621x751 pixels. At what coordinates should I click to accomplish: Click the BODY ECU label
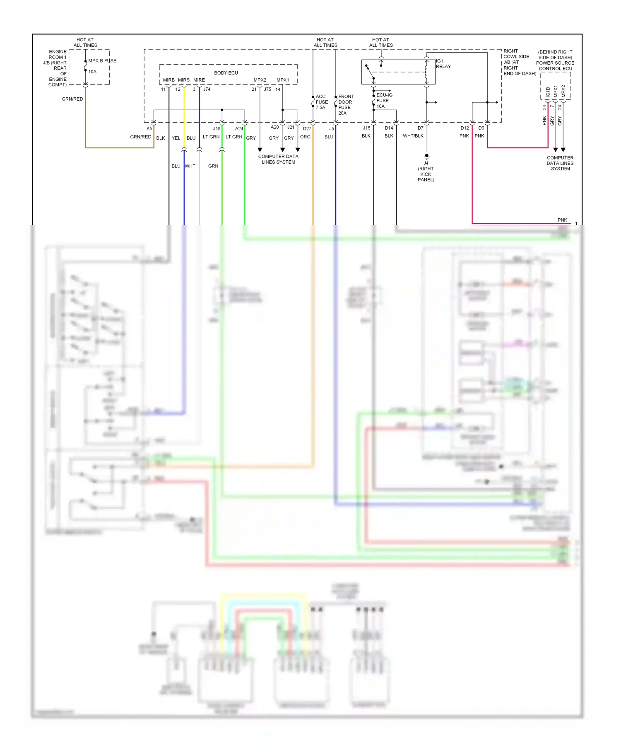coord(226,73)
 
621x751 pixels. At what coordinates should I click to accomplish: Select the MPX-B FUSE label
coord(102,61)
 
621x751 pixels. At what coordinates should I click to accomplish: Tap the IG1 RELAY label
coord(443,64)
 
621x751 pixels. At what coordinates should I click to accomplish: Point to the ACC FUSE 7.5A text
coord(321,102)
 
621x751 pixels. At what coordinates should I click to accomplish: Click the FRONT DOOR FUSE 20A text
coord(346,104)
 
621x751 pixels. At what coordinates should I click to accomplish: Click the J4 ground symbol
coord(426,157)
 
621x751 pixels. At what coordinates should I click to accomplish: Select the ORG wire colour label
coord(305,137)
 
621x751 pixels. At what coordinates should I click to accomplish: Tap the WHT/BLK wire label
coord(413,136)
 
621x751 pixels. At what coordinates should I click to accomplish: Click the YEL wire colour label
coord(176,138)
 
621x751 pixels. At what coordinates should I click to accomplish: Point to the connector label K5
coord(149,128)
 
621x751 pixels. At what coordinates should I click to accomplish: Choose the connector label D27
coord(307,128)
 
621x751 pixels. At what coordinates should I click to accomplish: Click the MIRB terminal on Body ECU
coord(168,80)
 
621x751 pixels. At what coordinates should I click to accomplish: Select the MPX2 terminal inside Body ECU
coord(260,80)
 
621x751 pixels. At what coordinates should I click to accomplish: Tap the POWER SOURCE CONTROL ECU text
coord(555,66)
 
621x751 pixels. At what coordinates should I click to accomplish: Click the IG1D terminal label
coord(548,92)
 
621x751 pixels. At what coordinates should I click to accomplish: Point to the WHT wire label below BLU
coord(190,166)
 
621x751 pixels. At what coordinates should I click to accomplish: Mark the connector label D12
coord(465,128)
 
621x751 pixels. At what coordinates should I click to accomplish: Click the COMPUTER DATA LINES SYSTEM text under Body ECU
coord(278,159)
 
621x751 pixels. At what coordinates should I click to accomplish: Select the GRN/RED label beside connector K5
coord(140,137)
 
